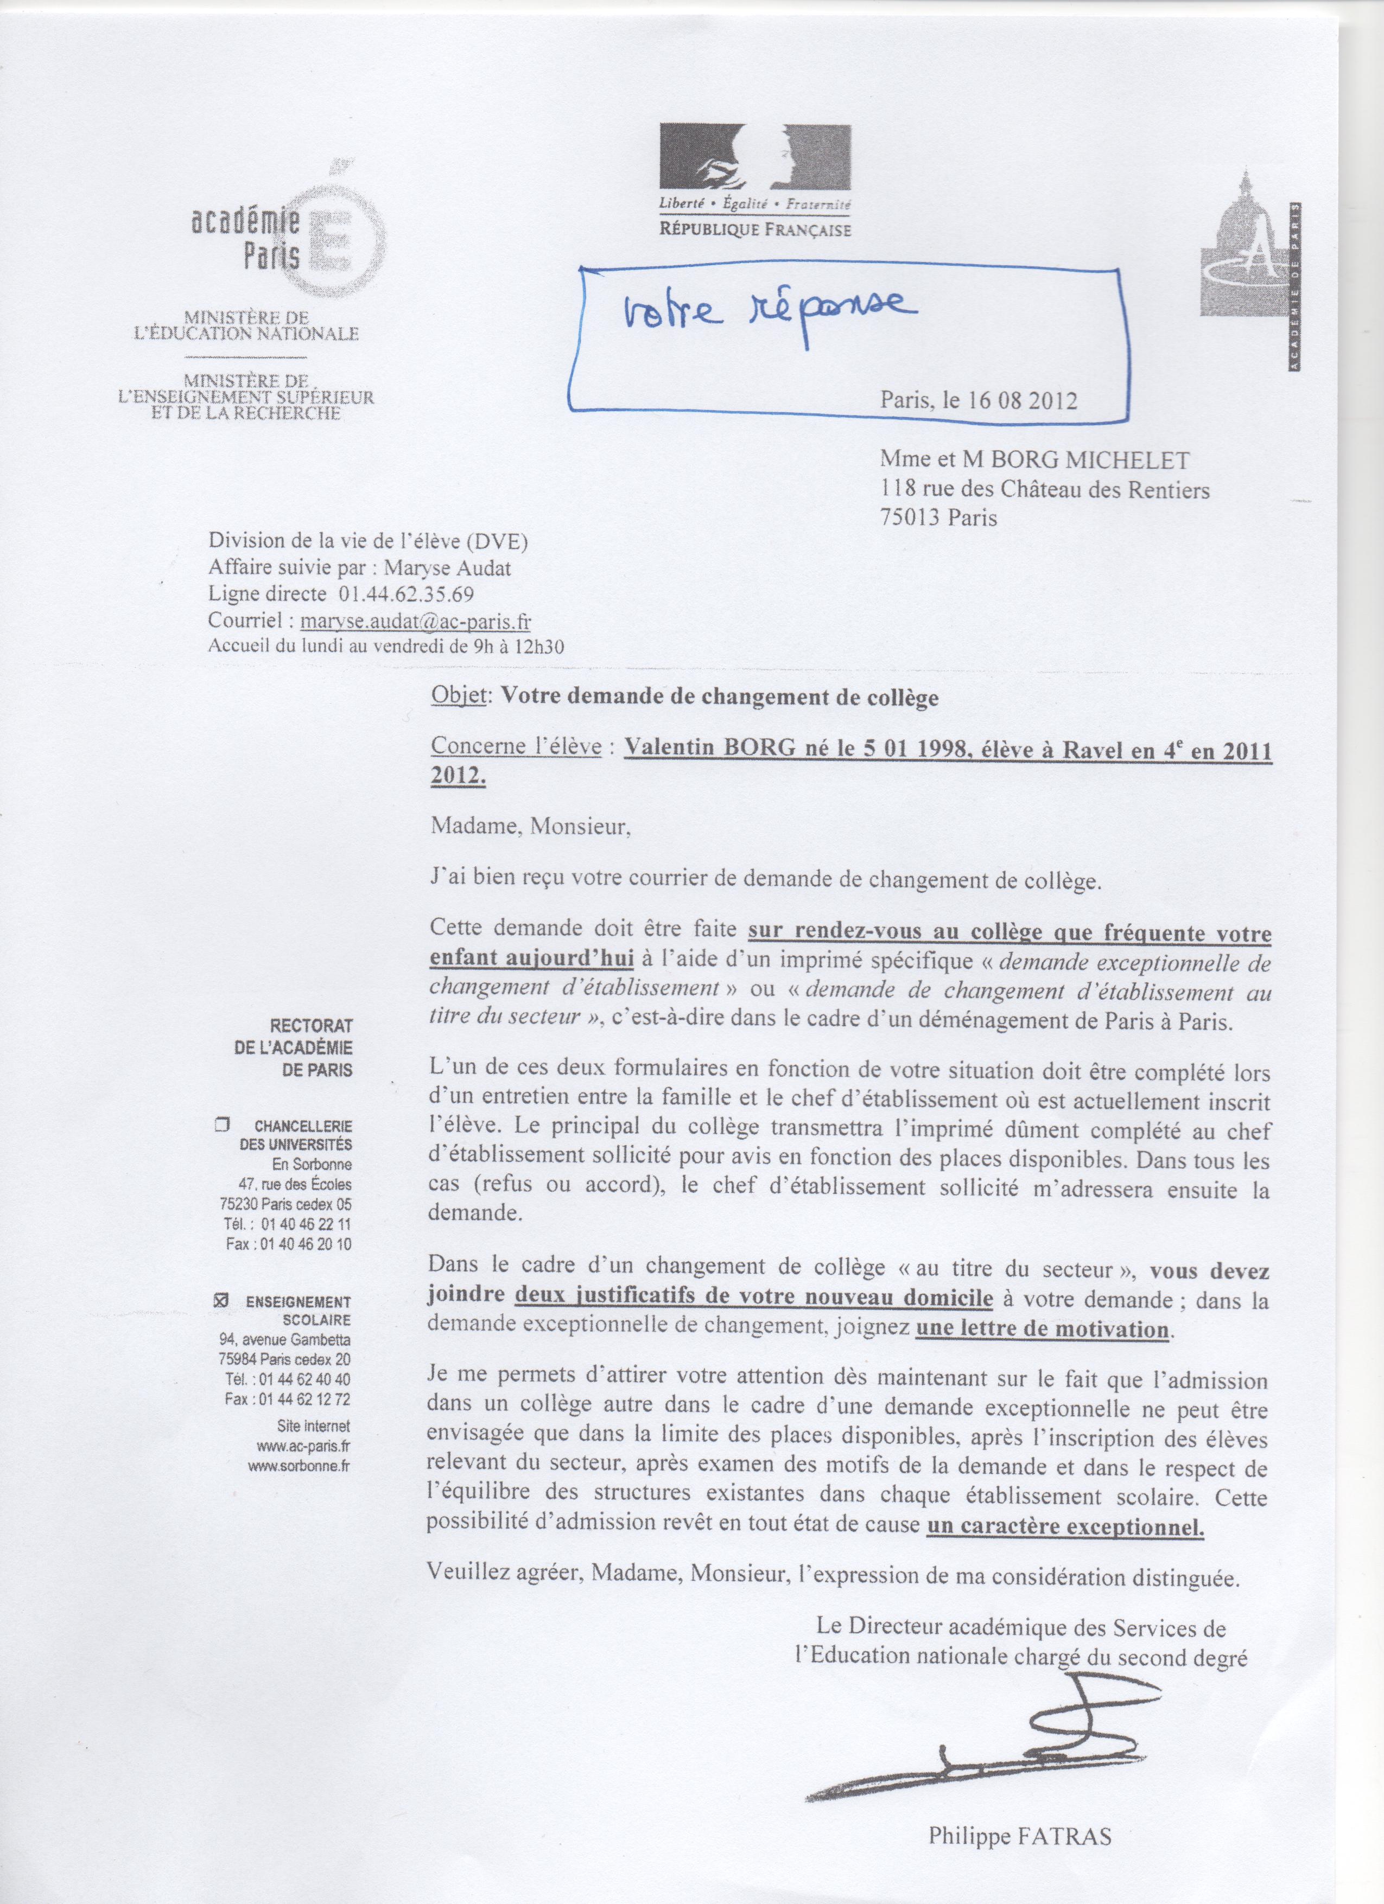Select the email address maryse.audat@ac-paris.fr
[x=416, y=621]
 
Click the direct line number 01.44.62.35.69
[x=407, y=595]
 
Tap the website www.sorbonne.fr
[x=299, y=1466]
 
